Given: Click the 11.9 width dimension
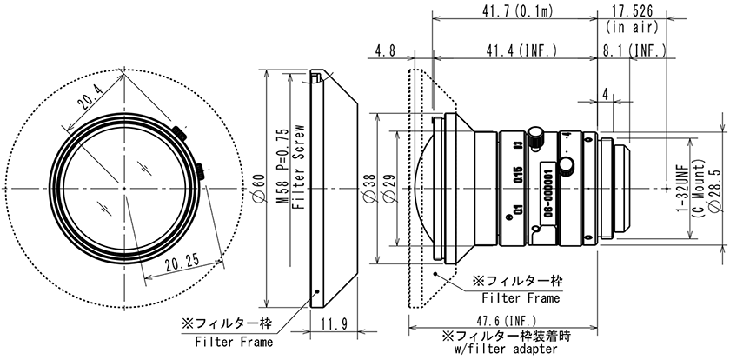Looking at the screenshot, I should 335,326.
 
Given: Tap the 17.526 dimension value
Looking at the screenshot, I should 632,10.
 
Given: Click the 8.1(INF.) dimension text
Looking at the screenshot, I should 634,51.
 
